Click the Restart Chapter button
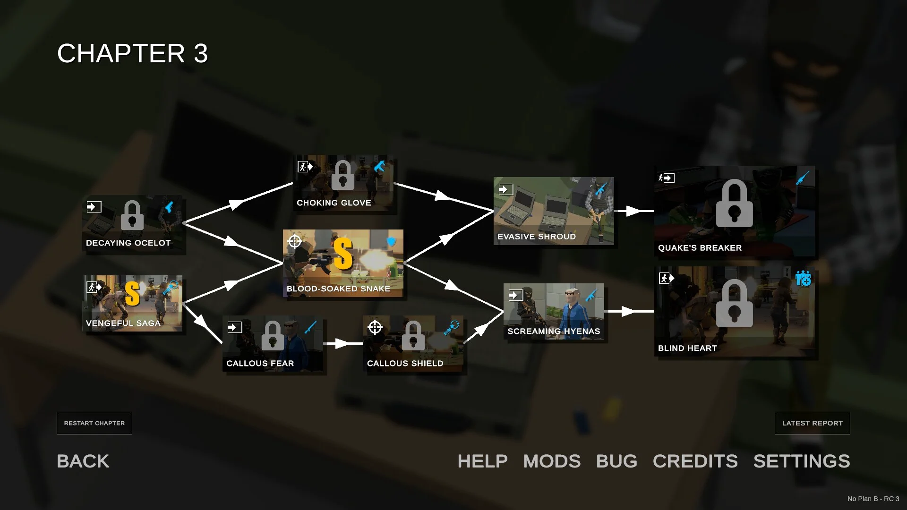tap(94, 423)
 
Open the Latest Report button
tap(812, 423)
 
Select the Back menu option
tap(83, 461)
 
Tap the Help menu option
tap(482, 461)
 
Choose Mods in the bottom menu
tap(552, 461)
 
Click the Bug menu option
tap(616, 461)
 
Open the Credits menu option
tap(695, 461)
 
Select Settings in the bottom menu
tap(802, 461)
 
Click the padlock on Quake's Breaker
tap(734, 203)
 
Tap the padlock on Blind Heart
tap(734, 303)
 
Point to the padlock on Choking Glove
tap(343, 175)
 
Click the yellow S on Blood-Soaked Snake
tap(343, 254)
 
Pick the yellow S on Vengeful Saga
tap(132, 293)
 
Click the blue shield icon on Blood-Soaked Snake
tap(391, 242)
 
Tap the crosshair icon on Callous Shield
tap(375, 327)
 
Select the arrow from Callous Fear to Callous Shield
tap(343, 343)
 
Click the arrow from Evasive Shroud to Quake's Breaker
tap(634, 211)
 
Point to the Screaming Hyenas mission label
tap(554, 331)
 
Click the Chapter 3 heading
tap(132, 53)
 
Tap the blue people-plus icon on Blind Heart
tap(803, 278)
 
